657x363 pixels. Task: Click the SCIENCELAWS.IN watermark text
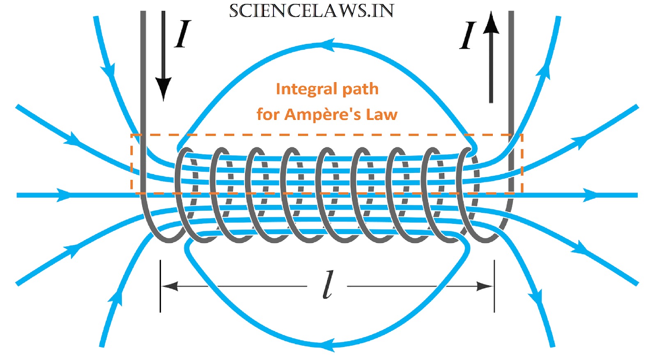pyautogui.click(x=311, y=11)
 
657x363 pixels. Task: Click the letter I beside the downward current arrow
pyautogui.click(x=182, y=34)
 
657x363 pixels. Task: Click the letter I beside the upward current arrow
pyautogui.click(x=467, y=36)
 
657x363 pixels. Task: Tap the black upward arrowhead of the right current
pyautogui.click(x=491, y=24)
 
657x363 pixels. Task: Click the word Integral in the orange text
pyautogui.click(x=306, y=89)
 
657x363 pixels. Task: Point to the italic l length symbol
pyautogui.click(x=328, y=285)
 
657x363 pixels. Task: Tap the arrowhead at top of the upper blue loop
pyautogui.click(x=327, y=45)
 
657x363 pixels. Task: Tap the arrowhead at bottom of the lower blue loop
pyautogui.click(x=327, y=344)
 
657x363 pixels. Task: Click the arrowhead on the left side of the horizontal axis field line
pyautogui.click(x=64, y=195)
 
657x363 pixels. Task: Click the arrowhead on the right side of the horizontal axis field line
pyautogui.click(x=590, y=195)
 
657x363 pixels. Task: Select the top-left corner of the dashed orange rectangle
pyautogui.click(x=132, y=135)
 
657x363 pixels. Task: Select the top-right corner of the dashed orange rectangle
pyautogui.click(x=522, y=135)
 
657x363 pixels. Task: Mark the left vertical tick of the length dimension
pyautogui.click(x=161, y=286)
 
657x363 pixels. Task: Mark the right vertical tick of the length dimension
pyautogui.click(x=494, y=286)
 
